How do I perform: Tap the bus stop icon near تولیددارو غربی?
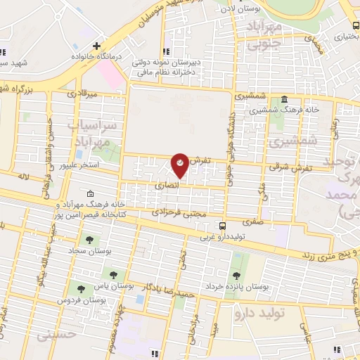(223, 226)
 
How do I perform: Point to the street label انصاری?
(167, 185)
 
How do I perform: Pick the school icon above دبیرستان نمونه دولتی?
(167, 52)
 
